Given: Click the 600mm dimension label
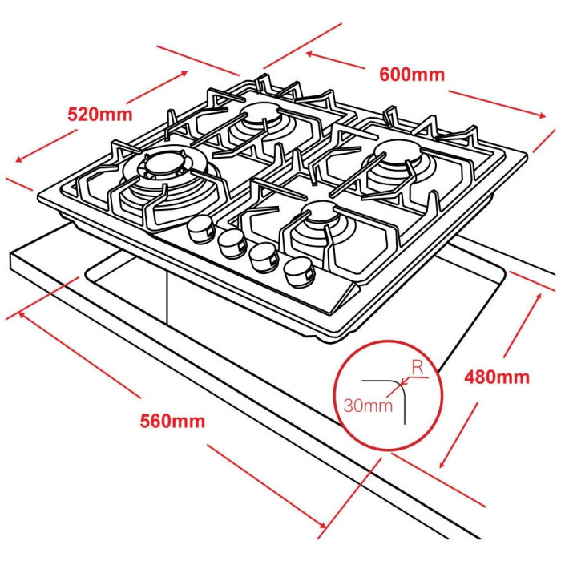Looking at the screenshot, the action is pos(412,75).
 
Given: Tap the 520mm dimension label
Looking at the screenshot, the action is pos(100,115).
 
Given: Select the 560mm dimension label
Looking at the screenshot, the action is pos(172,421).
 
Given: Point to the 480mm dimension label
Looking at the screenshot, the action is pos(497,377).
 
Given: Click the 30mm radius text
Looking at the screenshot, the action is pos(368,406).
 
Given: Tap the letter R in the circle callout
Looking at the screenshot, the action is pos(418,367).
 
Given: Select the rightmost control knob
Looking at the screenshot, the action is pos(299,272).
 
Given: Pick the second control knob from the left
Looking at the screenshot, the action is pos(232,244).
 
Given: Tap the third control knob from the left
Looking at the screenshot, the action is pos(264,257).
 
